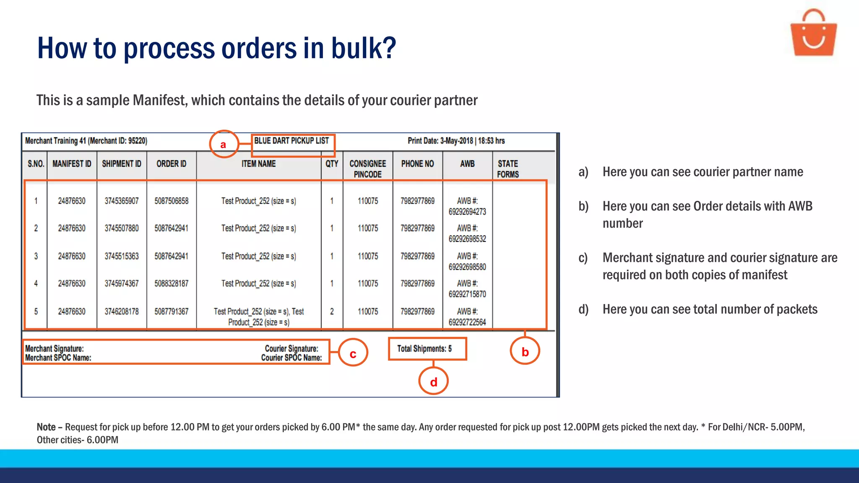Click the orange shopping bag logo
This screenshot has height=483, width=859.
pos(813,34)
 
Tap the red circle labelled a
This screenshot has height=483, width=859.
pos(224,144)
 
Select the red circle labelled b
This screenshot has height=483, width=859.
pos(525,351)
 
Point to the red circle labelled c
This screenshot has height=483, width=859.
pos(353,353)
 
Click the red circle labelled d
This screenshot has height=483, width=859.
pos(433,381)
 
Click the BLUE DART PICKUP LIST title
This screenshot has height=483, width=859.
pos(292,141)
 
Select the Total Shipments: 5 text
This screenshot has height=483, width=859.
pos(424,348)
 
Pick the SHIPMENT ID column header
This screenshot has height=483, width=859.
pos(122,164)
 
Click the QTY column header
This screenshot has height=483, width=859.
pos(332,164)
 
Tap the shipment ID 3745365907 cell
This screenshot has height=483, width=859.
pos(122,201)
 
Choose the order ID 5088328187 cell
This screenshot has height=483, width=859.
pos(172,283)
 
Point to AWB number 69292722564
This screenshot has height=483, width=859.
pos(467,322)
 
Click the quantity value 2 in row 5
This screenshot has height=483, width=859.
pos(332,312)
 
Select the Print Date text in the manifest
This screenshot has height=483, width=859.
pos(456,141)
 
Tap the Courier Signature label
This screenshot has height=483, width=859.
pos(292,348)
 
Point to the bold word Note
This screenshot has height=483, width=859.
pos(46,427)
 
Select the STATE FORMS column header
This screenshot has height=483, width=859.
pos(508,169)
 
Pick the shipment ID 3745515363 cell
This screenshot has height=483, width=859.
pos(122,256)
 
